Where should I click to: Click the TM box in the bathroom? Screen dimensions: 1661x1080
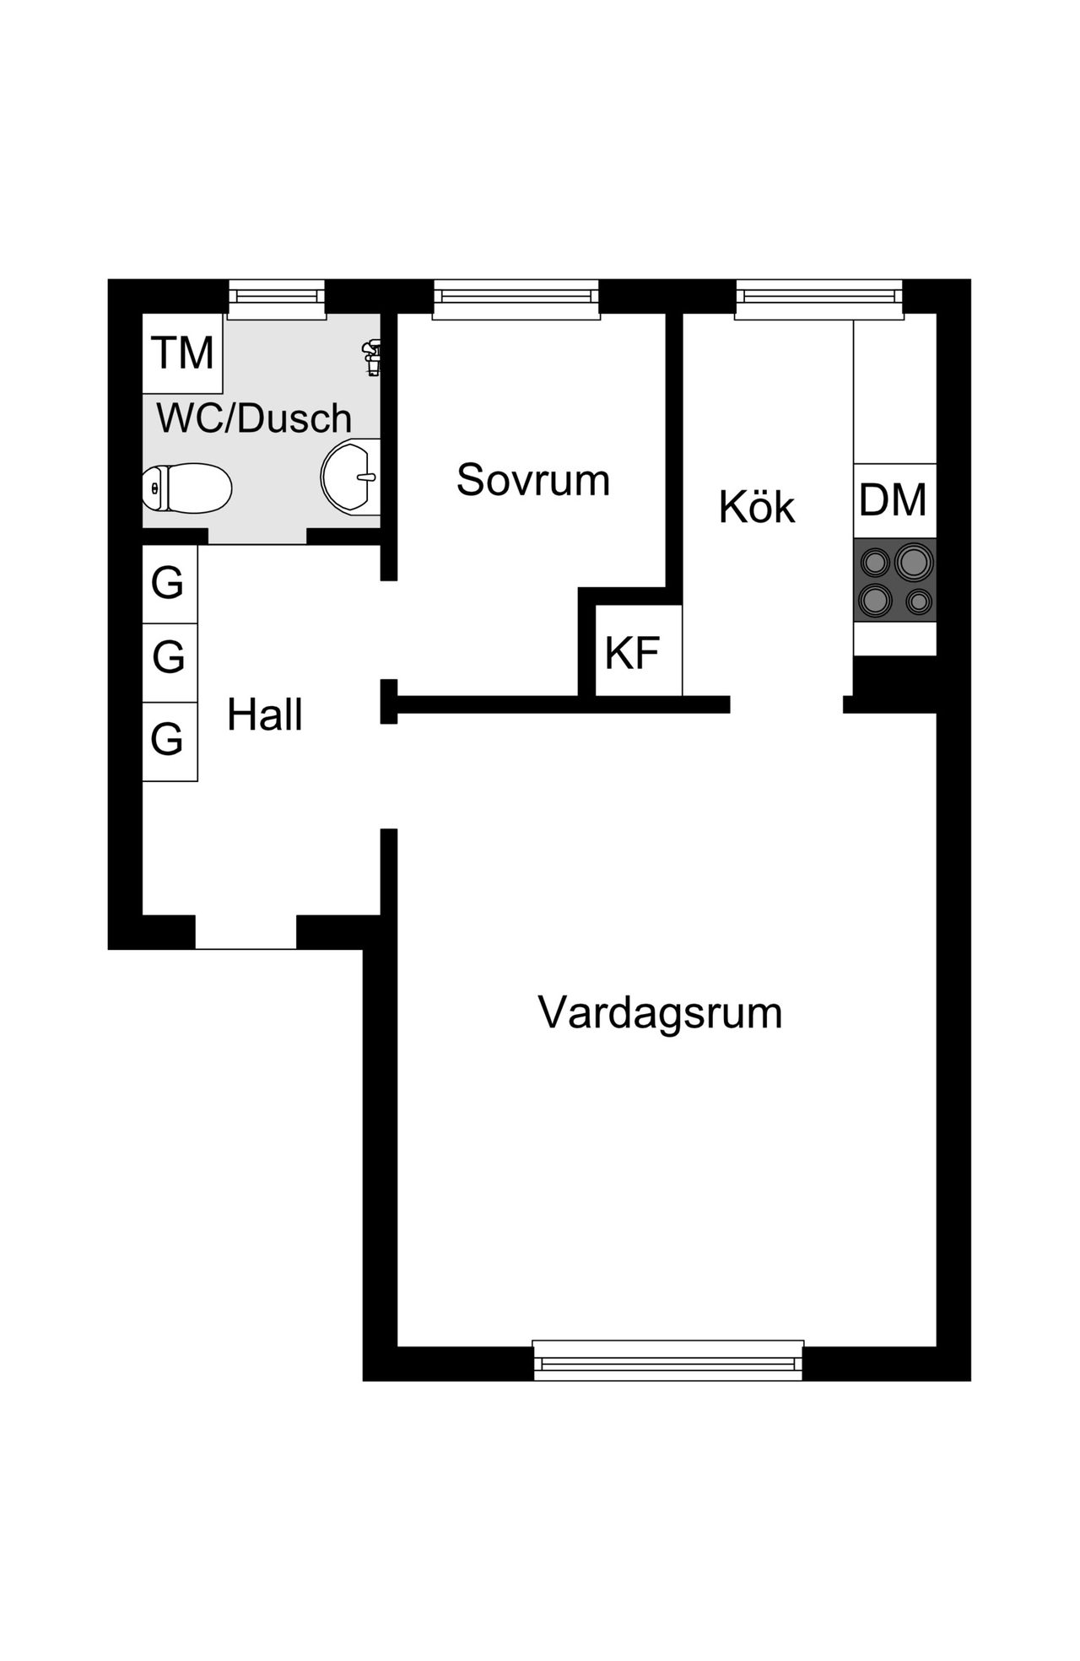tap(182, 353)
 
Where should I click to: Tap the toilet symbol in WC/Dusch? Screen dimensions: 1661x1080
tap(187, 488)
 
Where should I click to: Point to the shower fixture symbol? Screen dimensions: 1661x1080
tap(372, 355)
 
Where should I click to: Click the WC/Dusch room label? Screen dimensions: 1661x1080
tap(254, 418)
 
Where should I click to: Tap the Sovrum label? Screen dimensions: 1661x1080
tap(532, 480)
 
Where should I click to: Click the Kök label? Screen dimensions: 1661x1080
tap(757, 507)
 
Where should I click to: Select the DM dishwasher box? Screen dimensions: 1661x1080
tap(894, 500)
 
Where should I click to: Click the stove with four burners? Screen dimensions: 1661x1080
tap(894, 580)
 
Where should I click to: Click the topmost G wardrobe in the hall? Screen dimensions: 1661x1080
tap(169, 584)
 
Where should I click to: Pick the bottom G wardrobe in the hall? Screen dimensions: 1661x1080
tap(169, 741)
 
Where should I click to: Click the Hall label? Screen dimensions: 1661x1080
tap(265, 715)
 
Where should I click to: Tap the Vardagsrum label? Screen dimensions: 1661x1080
tap(660, 1012)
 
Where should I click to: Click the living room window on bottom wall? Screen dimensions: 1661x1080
tap(668, 1362)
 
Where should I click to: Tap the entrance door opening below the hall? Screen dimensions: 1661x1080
tap(246, 932)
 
